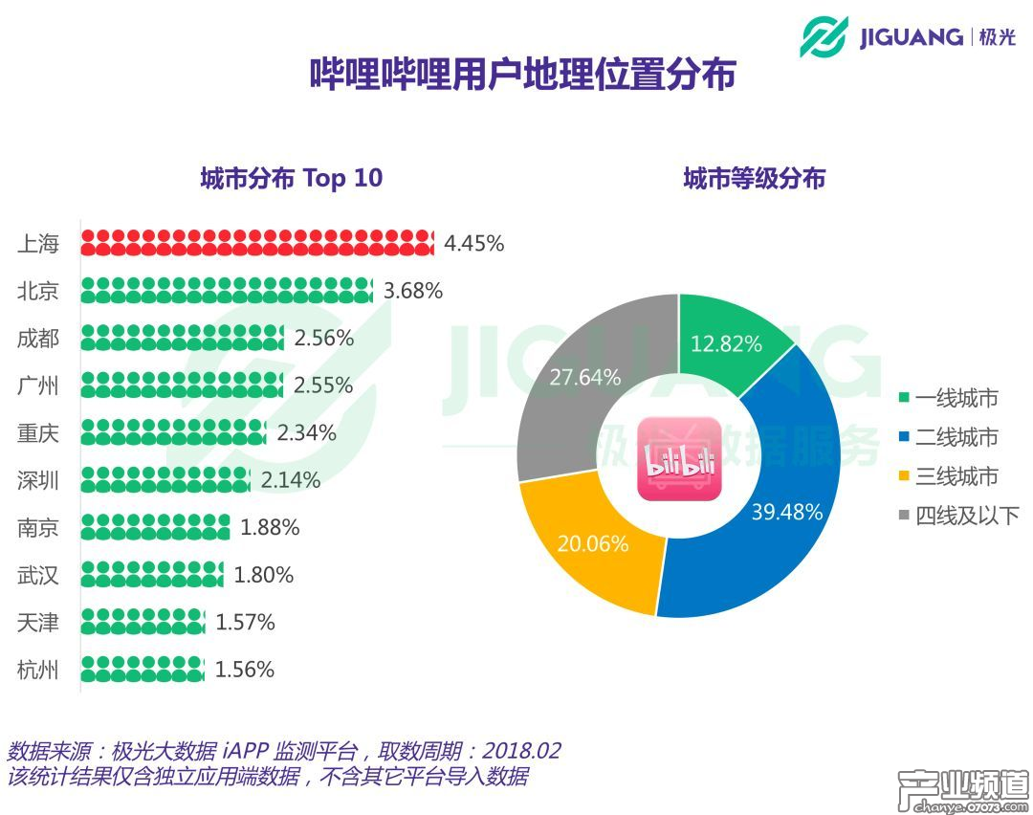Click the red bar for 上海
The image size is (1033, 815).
[x=257, y=243]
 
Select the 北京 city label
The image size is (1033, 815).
[x=38, y=291]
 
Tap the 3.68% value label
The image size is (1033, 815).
[x=413, y=291]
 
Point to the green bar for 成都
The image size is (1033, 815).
[x=183, y=338]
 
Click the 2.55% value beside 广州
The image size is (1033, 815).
[x=323, y=385]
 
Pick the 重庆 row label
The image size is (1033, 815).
[x=38, y=433]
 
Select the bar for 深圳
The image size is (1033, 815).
[x=165, y=480]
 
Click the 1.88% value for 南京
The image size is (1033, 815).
[x=270, y=527]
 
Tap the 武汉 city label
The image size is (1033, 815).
[x=38, y=575]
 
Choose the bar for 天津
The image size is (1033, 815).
[x=143, y=623]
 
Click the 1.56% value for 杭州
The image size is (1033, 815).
[x=245, y=670]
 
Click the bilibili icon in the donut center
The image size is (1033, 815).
[x=679, y=457]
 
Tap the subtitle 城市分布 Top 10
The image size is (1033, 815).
[x=291, y=178]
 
